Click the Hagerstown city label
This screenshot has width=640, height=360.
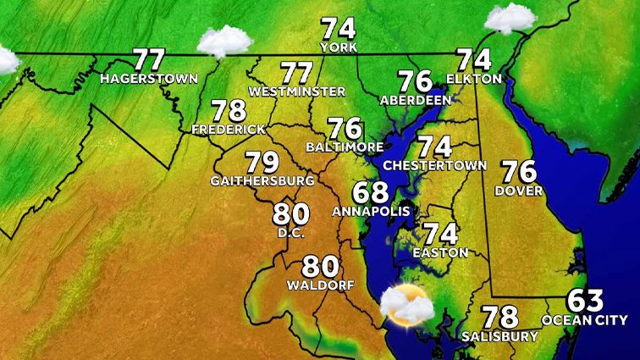(x=148, y=79)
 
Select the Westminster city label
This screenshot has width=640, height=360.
(x=297, y=91)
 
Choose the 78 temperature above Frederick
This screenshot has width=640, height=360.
(x=229, y=112)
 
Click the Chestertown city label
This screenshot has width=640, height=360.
(x=435, y=164)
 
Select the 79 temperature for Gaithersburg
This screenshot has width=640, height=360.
(x=262, y=162)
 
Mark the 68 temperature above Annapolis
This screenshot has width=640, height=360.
(x=371, y=192)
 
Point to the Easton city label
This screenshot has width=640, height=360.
(x=440, y=252)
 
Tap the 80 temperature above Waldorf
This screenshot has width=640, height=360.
(x=321, y=267)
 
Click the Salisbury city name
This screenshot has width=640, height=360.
(x=499, y=336)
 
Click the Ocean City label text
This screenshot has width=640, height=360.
(x=585, y=320)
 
